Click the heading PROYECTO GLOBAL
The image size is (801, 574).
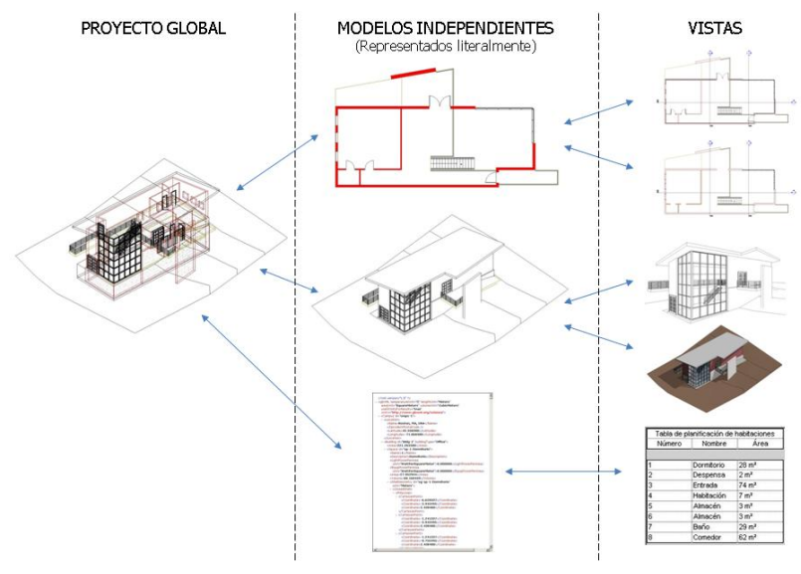152,28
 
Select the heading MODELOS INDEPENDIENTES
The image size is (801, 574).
445,28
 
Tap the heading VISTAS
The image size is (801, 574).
714,28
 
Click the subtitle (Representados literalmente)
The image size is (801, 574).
445,46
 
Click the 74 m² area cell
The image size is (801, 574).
752,485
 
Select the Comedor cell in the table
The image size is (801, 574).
700,537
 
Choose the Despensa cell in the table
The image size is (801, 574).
701,476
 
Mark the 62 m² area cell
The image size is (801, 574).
752,537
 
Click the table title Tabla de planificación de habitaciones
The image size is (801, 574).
715,434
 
